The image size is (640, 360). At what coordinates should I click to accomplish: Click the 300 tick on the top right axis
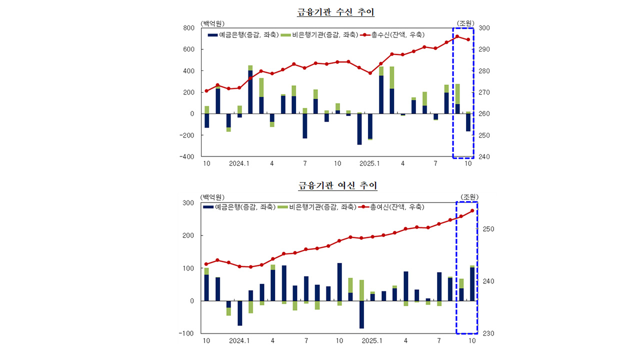pyautogui.click(x=484, y=28)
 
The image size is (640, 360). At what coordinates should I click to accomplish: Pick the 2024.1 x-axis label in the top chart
pyautogui.click(x=239, y=163)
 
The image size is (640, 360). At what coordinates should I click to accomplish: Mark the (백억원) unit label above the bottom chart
pyautogui.click(x=212, y=196)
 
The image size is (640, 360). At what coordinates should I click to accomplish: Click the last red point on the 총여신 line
pyautogui.click(x=472, y=211)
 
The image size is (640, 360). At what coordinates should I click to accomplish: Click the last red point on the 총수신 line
pyautogui.click(x=468, y=40)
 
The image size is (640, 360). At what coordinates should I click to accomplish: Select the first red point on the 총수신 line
pyautogui.click(x=206, y=91)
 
